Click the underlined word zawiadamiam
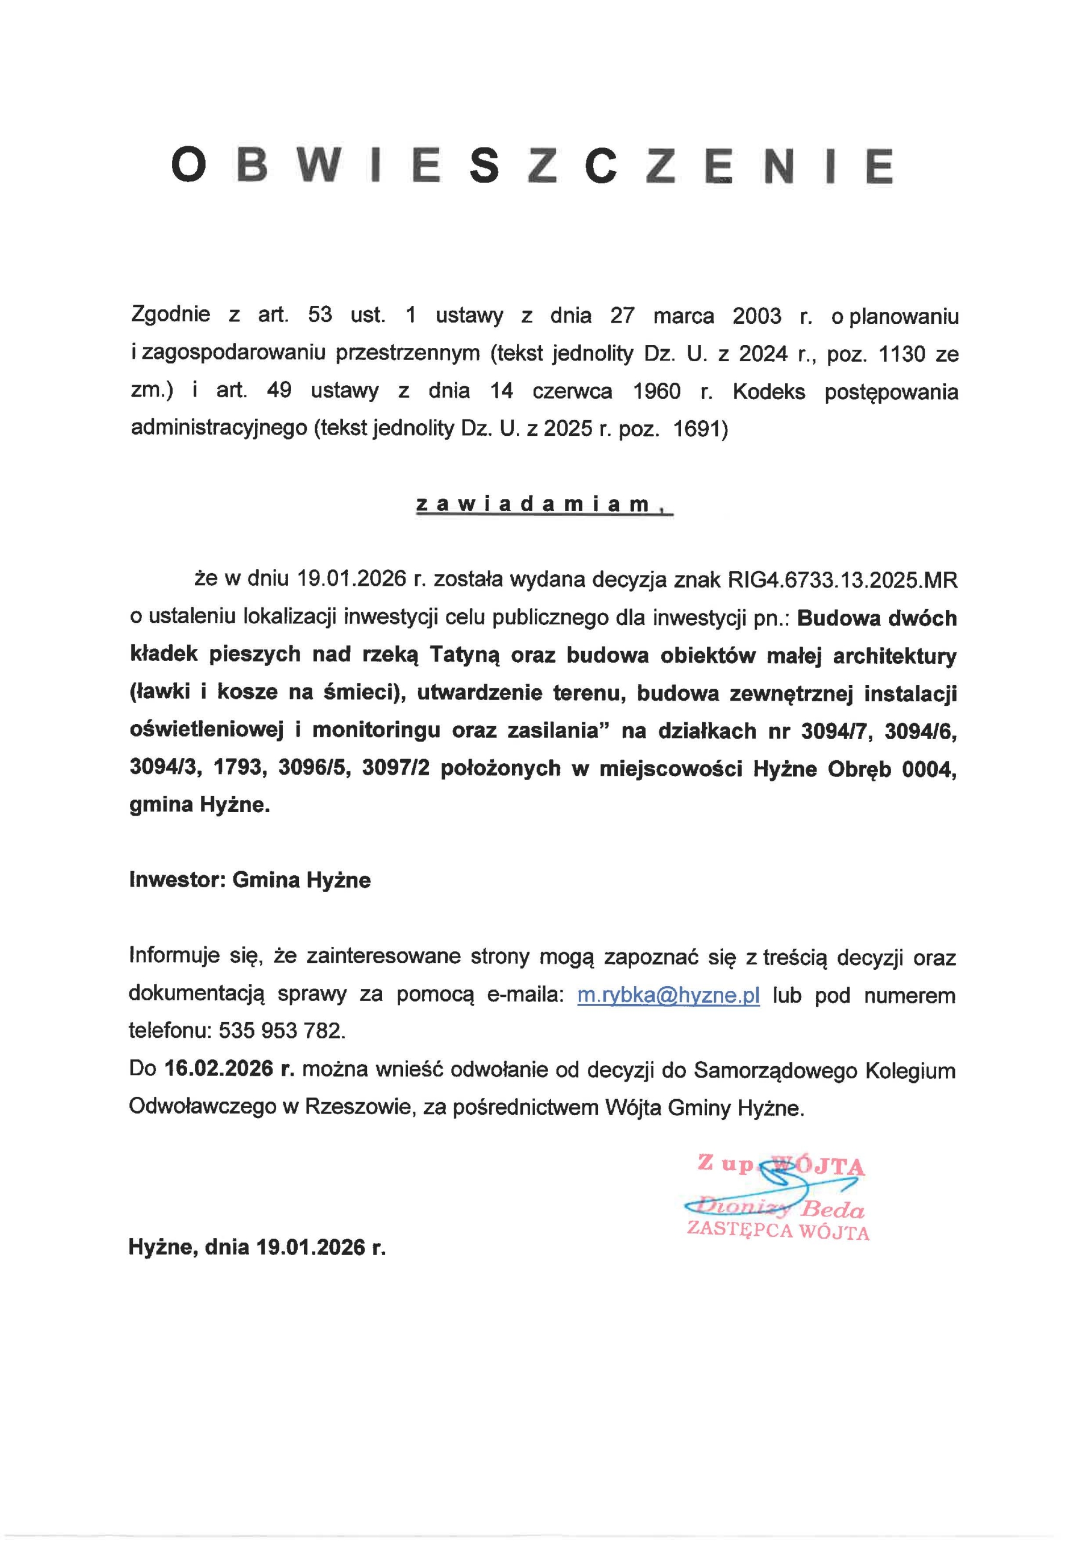click(534, 504)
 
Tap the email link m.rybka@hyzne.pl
click(668, 996)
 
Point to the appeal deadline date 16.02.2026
click(219, 1068)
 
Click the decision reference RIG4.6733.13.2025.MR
click(842, 580)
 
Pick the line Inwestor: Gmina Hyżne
click(250, 880)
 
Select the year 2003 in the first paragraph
click(757, 315)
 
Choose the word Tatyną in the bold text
click(465, 654)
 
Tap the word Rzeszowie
click(359, 1107)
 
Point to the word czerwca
click(572, 392)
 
